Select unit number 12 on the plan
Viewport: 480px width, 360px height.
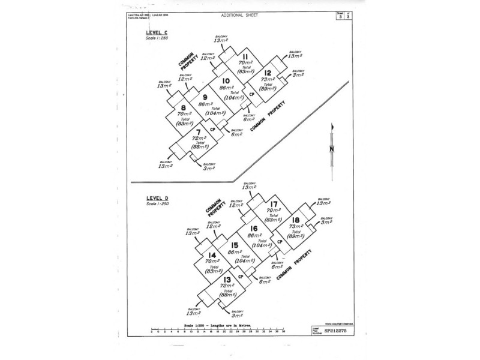pyautogui.click(x=268, y=73)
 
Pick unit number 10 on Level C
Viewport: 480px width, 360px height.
pyautogui.click(x=226, y=81)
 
